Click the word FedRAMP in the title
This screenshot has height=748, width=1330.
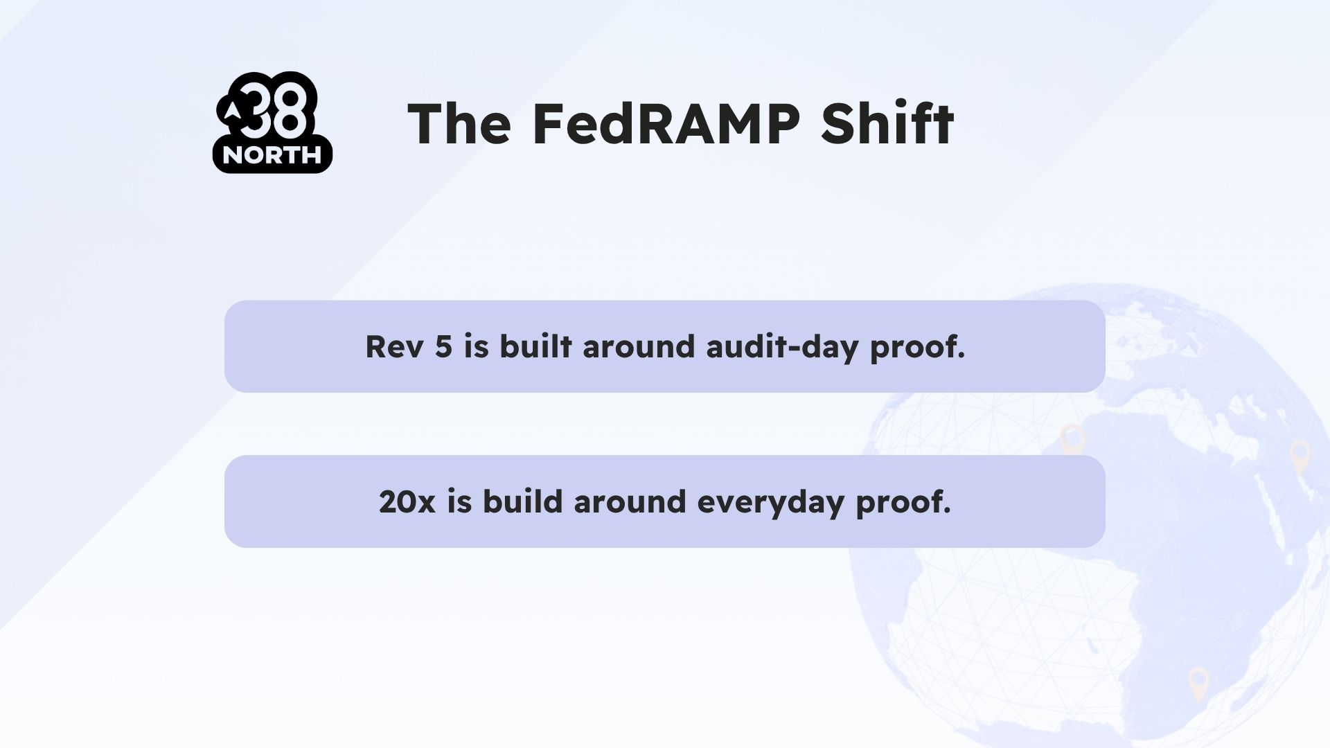click(666, 124)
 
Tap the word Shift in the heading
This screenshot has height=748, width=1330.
click(887, 124)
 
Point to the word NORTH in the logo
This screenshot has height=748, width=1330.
click(272, 156)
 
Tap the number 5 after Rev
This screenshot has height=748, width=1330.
click(443, 346)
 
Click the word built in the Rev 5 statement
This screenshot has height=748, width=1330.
click(535, 346)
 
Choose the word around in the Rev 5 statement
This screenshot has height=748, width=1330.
click(638, 346)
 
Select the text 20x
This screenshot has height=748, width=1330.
click(407, 502)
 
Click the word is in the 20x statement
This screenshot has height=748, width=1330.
click(459, 502)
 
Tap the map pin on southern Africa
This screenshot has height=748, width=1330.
click(1198, 682)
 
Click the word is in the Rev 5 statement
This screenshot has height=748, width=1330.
click(476, 346)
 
